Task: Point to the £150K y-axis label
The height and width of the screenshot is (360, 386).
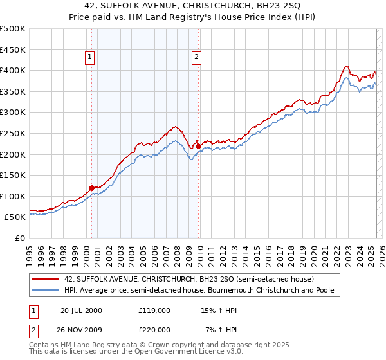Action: (x=13, y=175)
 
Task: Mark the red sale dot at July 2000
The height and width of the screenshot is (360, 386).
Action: (x=92, y=188)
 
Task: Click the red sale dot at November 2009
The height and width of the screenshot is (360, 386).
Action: (x=198, y=146)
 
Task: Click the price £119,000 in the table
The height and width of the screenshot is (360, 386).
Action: (x=154, y=310)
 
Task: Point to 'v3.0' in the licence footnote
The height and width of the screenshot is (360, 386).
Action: (x=233, y=353)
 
